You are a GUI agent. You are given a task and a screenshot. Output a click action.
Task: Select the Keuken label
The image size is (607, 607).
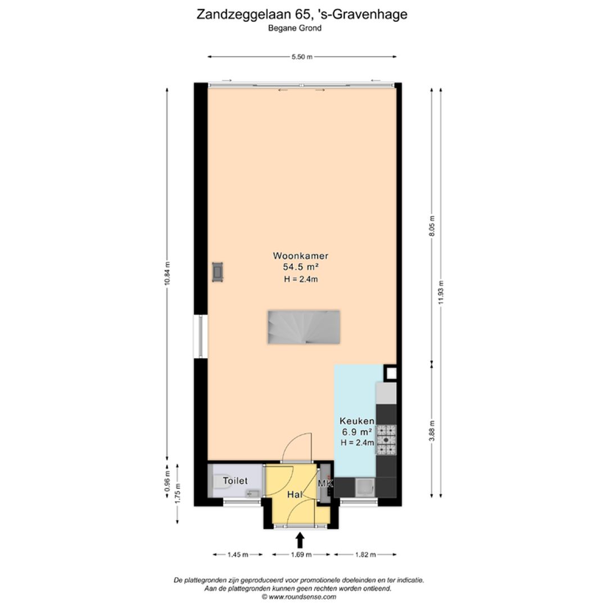pos(356,421)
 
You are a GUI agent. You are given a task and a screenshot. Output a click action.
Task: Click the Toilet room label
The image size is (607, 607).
pos(235,481)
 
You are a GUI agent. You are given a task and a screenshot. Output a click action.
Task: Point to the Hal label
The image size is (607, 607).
pos(295,495)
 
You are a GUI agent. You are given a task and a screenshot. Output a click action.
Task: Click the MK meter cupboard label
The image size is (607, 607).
pos(325,483)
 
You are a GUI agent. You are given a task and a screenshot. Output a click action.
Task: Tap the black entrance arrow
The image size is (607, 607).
pos(300,540)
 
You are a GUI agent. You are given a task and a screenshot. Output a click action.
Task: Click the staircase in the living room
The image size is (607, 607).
pos(303,327)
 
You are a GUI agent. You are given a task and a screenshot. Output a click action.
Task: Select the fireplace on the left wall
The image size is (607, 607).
pos(218,272)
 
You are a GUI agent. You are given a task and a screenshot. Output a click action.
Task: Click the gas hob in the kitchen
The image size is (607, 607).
pos(386,440)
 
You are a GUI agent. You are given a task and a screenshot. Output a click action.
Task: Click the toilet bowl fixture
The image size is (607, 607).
pos(219,482)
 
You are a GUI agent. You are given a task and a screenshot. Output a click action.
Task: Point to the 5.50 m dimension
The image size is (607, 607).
pos(302,57)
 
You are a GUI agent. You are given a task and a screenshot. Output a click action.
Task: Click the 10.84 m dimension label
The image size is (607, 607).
pos(167,274)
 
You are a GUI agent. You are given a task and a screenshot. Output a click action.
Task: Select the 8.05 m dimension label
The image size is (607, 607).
pos(432,226)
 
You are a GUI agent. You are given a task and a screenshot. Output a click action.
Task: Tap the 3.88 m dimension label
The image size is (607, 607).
pos(432,431)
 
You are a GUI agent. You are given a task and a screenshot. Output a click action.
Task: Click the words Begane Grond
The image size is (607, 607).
pos(302,28)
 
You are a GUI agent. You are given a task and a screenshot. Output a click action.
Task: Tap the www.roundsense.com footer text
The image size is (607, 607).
pos(302,597)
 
